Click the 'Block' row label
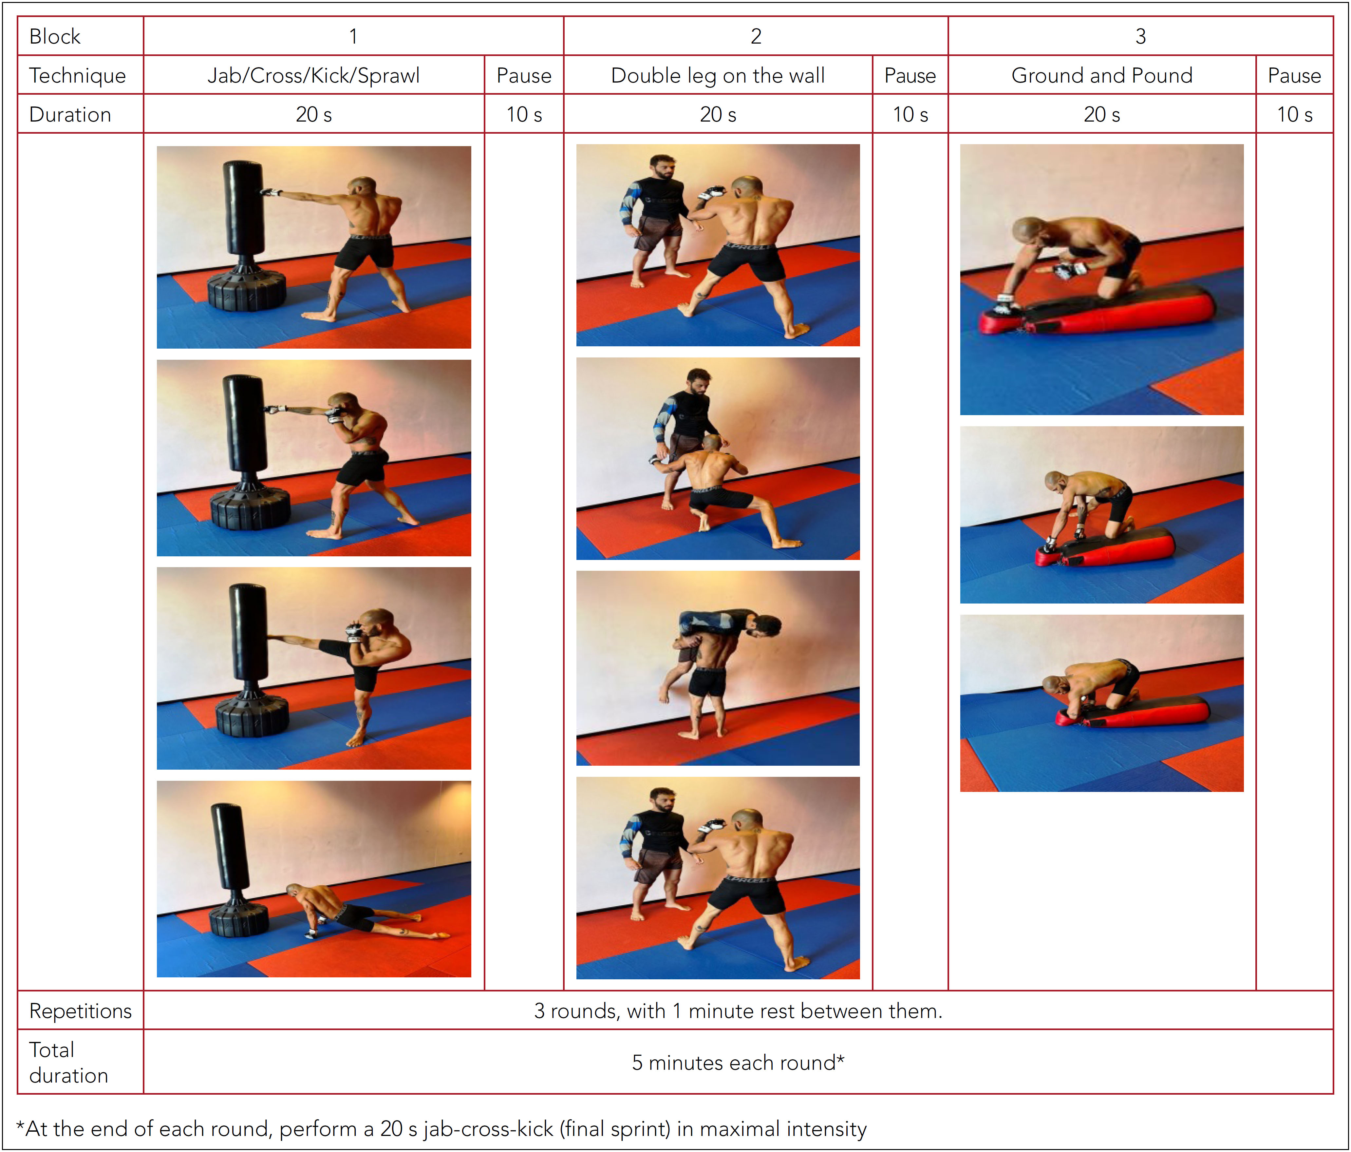(x=55, y=36)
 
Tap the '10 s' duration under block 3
(x=1294, y=115)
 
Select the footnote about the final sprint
(x=441, y=1128)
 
